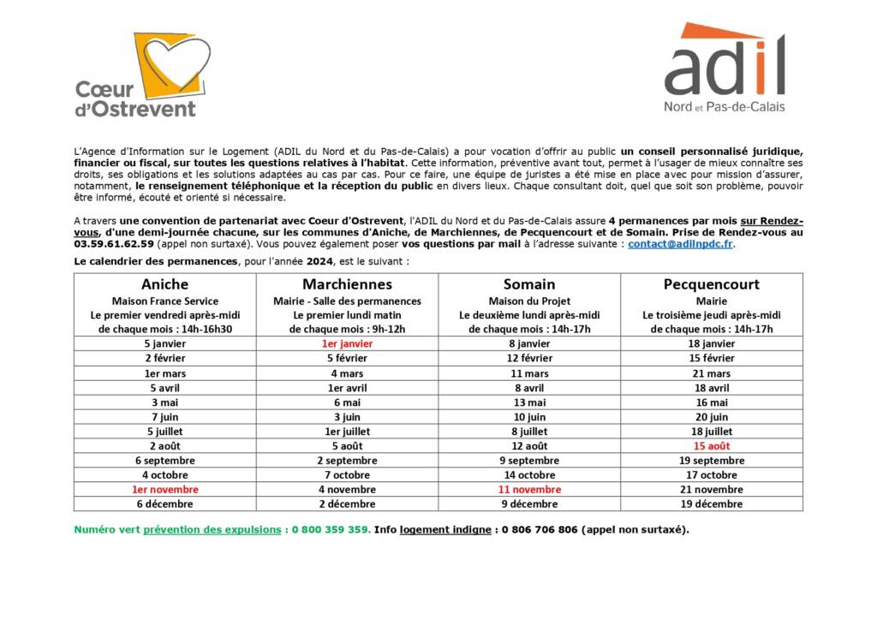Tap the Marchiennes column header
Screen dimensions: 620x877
tap(347, 284)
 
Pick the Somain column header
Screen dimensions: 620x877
tap(529, 284)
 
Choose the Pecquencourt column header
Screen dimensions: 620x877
tap(711, 284)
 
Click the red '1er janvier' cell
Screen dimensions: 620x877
tap(347, 343)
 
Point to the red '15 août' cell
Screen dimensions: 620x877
tap(711, 446)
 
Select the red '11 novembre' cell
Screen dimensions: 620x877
tap(529, 489)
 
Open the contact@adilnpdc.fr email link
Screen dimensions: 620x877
tap(681, 243)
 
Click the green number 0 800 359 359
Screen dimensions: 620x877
tap(331, 529)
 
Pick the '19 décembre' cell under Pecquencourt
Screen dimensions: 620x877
tap(711, 504)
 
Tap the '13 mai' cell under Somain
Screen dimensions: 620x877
tap(529, 402)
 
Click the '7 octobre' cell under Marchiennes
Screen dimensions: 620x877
tap(347, 474)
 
